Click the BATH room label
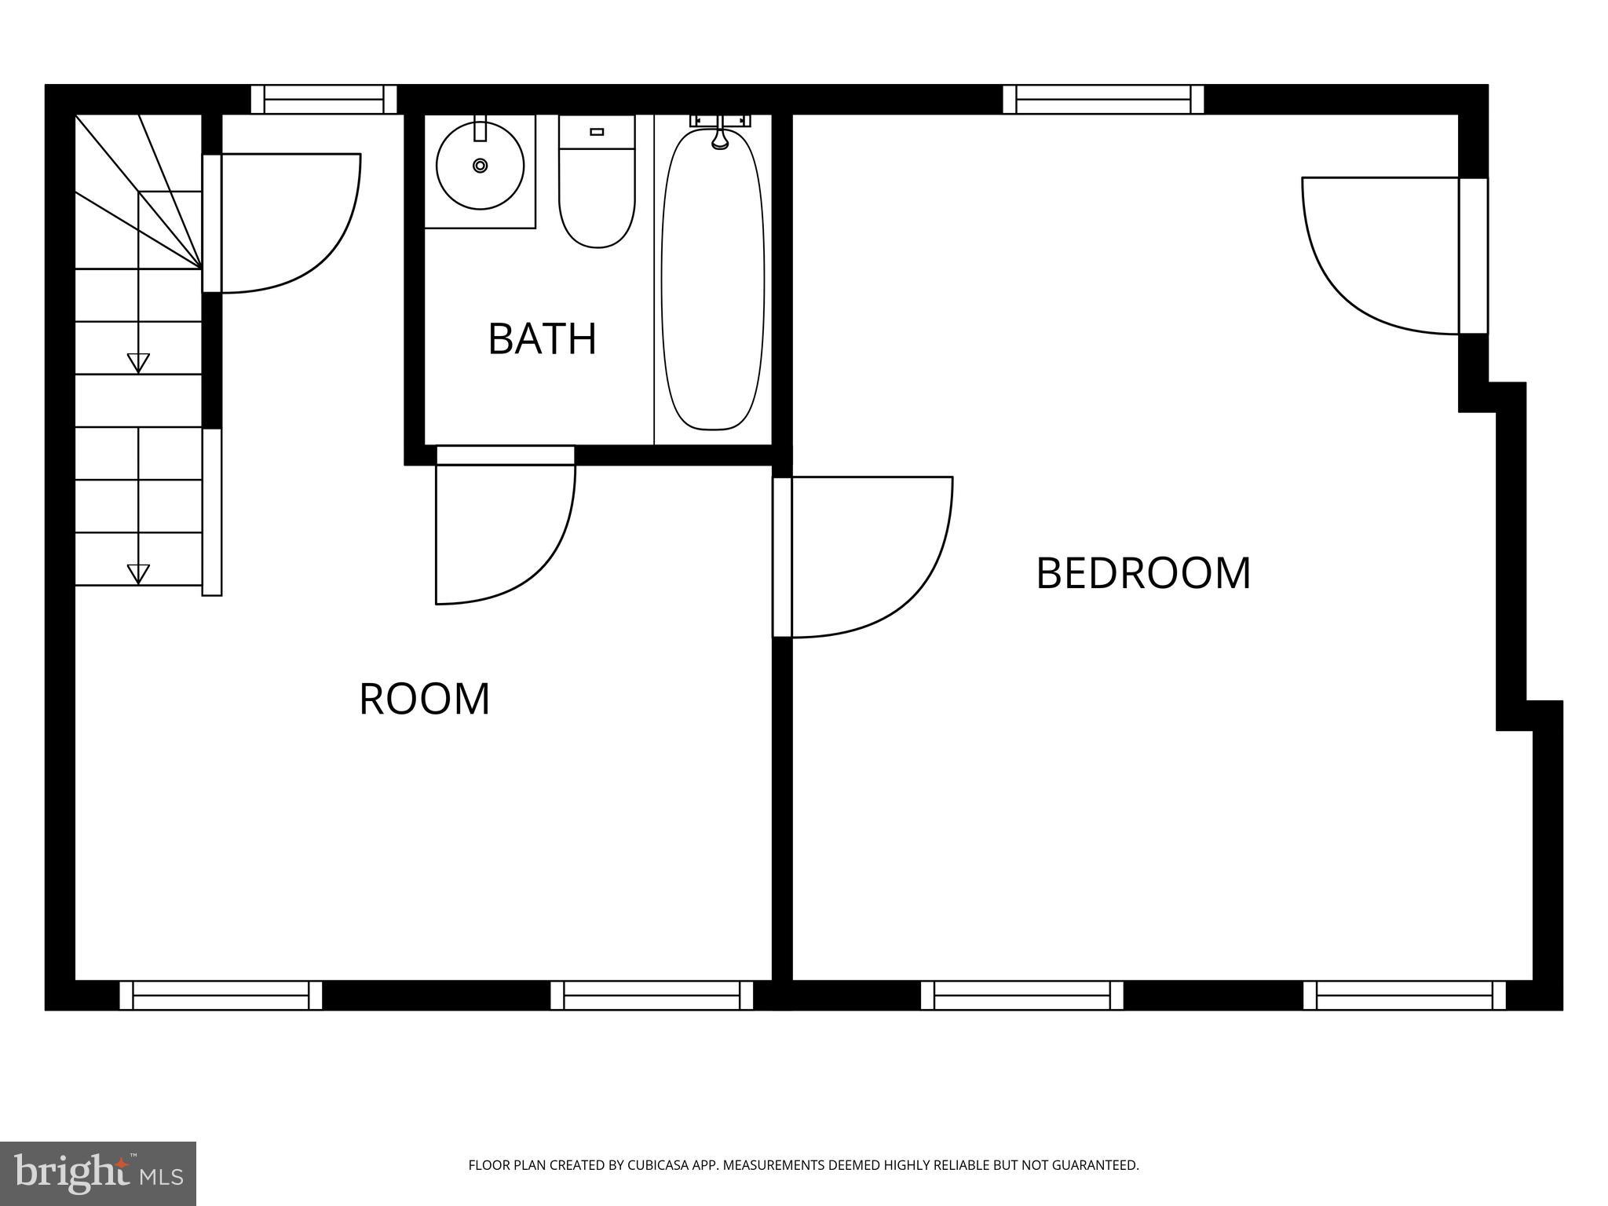point(542,339)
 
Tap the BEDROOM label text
point(1142,573)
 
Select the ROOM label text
point(424,699)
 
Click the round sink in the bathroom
point(480,166)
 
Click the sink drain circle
point(480,166)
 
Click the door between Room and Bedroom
point(864,557)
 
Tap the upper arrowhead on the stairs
point(138,363)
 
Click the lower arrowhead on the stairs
point(138,574)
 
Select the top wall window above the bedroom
point(1103,100)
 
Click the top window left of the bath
point(323,100)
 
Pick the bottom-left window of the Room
point(221,995)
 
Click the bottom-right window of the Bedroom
point(1405,995)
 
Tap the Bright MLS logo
point(98,1173)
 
